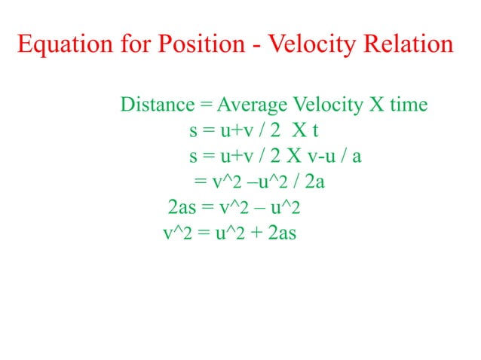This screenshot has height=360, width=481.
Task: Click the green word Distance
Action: tap(158, 104)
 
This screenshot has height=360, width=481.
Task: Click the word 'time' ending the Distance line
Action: tap(409, 104)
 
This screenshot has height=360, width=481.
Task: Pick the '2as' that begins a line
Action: tap(183, 207)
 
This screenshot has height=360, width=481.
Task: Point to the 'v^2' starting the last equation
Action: tap(178, 233)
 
